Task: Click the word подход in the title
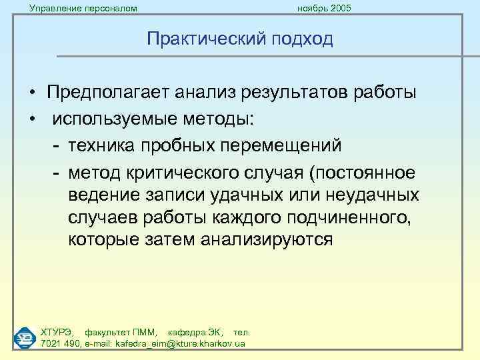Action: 301,40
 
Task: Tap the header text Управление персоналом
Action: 83,8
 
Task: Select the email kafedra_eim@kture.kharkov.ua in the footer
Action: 180,343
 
